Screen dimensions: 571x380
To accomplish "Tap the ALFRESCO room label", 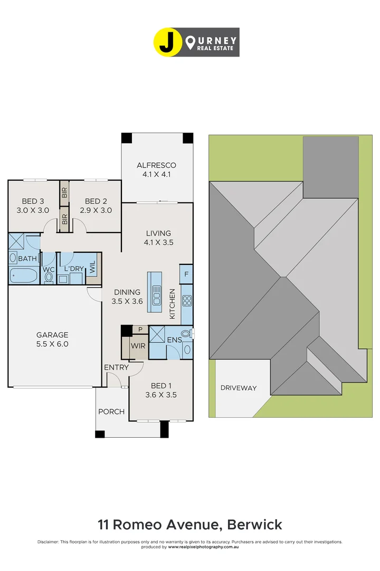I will coord(157,169).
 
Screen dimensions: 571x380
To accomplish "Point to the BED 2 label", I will coord(96,206).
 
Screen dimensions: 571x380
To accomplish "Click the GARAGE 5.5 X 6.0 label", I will coord(52,339).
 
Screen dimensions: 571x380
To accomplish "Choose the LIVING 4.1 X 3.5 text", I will coord(158,238).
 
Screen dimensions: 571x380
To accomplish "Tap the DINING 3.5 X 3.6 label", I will coord(127,297).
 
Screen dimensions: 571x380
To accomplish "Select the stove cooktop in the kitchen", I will coord(187,300).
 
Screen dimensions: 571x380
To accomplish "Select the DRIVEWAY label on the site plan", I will coord(239,388).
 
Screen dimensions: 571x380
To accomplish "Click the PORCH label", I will coord(111,412).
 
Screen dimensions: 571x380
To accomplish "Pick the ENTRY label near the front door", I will coord(116,367).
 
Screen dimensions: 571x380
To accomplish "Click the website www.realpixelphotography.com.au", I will coord(203,547).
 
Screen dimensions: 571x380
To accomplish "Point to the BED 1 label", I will coord(160,390).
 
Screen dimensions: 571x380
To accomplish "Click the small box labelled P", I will coord(140,329).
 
